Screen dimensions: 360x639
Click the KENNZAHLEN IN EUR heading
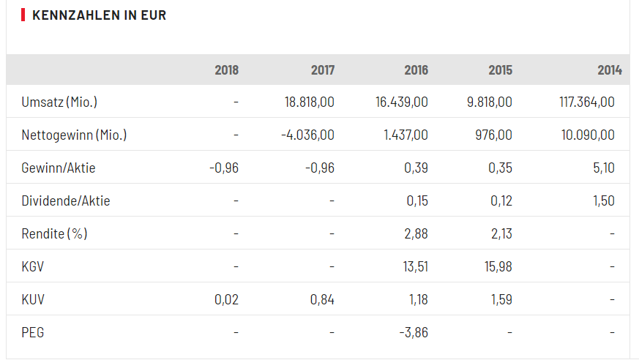click(x=99, y=15)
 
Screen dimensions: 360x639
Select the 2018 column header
click(x=226, y=70)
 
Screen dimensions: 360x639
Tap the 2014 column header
click(x=609, y=70)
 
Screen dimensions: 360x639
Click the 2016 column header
click(x=416, y=70)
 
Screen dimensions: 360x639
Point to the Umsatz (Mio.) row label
click(x=59, y=102)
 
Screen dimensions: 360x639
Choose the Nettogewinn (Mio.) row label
click(x=74, y=135)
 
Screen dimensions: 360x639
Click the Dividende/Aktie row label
click(x=66, y=200)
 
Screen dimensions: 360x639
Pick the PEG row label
click(x=33, y=332)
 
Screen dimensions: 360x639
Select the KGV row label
click(x=33, y=266)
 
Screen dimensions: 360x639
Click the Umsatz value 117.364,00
click(x=586, y=102)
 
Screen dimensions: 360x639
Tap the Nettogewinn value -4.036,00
click(x=307, y=135)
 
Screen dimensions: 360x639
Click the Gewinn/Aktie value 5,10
click(x=604, y=168)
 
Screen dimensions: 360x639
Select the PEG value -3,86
click(x=414, y=332)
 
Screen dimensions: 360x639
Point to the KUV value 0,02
click(x=226, y=299)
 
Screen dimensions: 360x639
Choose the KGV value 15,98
click(x=498, y=266)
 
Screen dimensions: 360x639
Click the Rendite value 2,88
click(x=415, y=233)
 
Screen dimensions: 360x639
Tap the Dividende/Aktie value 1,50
click(x=604, y=200)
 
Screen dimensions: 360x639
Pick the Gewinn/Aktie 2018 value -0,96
click(x=224, y=168)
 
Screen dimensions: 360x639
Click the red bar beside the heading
click(x=23, y=15)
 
